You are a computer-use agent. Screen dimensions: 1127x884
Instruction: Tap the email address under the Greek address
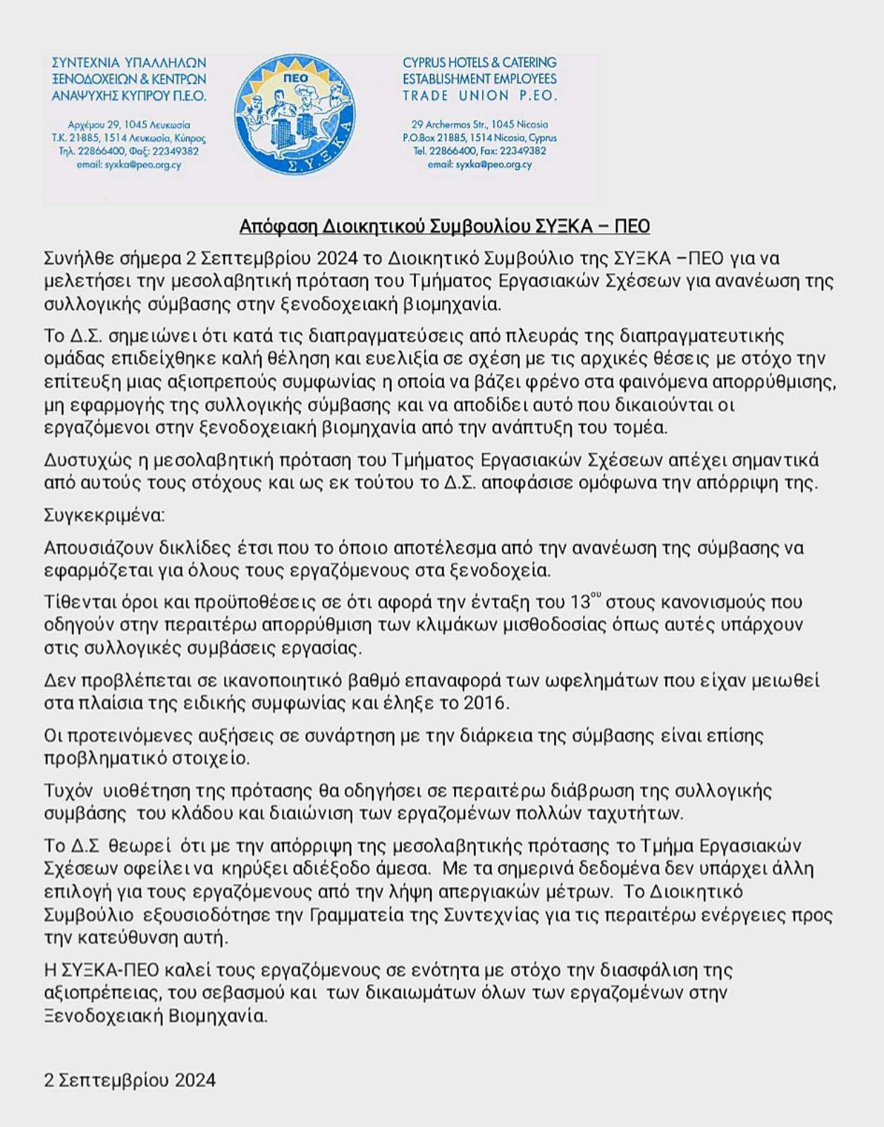click(129, 165)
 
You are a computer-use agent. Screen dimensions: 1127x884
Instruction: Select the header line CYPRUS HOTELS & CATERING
click(479, 63)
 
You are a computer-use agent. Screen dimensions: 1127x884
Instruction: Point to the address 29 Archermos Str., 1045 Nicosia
click(479, 125)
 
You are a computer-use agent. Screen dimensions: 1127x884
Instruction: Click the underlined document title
click(444, 226)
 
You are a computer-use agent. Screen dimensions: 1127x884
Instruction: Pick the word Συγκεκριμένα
click(104, 515)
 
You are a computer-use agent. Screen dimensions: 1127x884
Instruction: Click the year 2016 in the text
click(485, 703)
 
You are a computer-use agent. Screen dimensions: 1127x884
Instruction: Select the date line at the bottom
click(130, 1080)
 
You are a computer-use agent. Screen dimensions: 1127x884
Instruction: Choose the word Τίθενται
click(75, 603)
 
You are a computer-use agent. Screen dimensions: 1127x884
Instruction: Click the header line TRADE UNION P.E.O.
click(479, 95)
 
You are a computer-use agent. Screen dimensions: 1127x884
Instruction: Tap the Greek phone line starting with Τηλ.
click(129, 151)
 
